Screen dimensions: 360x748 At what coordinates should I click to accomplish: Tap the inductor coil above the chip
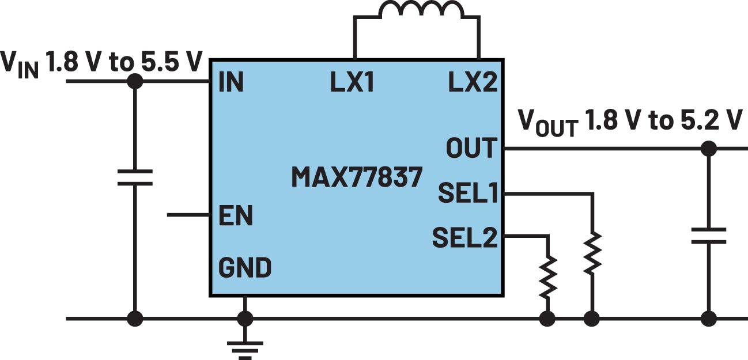[421, 11]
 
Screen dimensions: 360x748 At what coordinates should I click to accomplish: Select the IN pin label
[231, 83]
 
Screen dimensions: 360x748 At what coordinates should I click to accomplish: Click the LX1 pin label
[352, 83]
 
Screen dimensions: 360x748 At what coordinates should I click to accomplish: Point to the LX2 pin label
[472, 83]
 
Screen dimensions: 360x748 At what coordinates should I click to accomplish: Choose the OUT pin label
[471, 148]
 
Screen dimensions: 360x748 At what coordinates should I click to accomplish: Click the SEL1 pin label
[467, 194]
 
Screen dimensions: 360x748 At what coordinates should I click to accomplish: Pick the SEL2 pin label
[464, 237]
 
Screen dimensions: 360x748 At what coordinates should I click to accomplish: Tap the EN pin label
[235, 216]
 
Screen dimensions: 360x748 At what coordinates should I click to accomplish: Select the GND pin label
[245, 268]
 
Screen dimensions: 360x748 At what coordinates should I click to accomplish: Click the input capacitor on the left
[135, 177]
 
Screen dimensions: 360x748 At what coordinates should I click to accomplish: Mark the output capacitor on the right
[709, 236]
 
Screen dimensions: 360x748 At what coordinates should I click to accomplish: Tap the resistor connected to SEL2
[548, 275]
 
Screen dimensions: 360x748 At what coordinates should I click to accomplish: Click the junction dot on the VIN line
[135, 81]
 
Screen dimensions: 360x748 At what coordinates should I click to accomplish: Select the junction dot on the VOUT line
[709, 149]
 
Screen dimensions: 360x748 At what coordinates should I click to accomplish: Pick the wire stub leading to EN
[188, 215]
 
